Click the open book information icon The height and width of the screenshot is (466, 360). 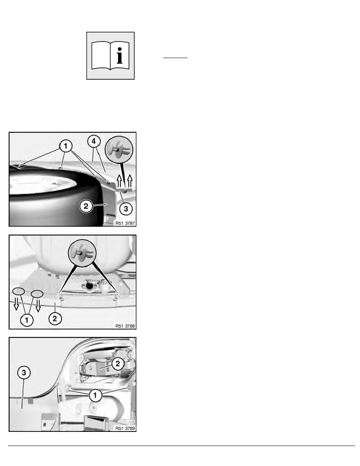[111, 56]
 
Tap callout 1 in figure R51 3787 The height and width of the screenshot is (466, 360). [66, 146]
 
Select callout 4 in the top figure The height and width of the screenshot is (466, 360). [94, 142]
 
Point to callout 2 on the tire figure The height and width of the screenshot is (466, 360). [86, 206]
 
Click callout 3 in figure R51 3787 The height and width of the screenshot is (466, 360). [126, 208]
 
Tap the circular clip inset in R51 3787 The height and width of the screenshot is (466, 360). [119, 150]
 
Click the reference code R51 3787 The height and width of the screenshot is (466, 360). [125, 223]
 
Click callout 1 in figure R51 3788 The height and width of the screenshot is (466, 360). [27, 320]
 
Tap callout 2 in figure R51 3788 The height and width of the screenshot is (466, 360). [55, 319]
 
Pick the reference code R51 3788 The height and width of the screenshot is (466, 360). [125, 326]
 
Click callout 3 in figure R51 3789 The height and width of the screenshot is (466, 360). [24, 373]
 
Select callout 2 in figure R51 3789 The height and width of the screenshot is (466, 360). [118, 364]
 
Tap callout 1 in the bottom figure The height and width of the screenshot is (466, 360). [95, 395]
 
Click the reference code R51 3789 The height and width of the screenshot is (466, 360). [125, 429]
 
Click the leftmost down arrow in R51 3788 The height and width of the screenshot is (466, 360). [16, 304]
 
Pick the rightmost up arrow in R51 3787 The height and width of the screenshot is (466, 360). [129, 181]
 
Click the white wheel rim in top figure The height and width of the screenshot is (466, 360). [43, 185]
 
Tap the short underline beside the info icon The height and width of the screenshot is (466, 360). [175, 58]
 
